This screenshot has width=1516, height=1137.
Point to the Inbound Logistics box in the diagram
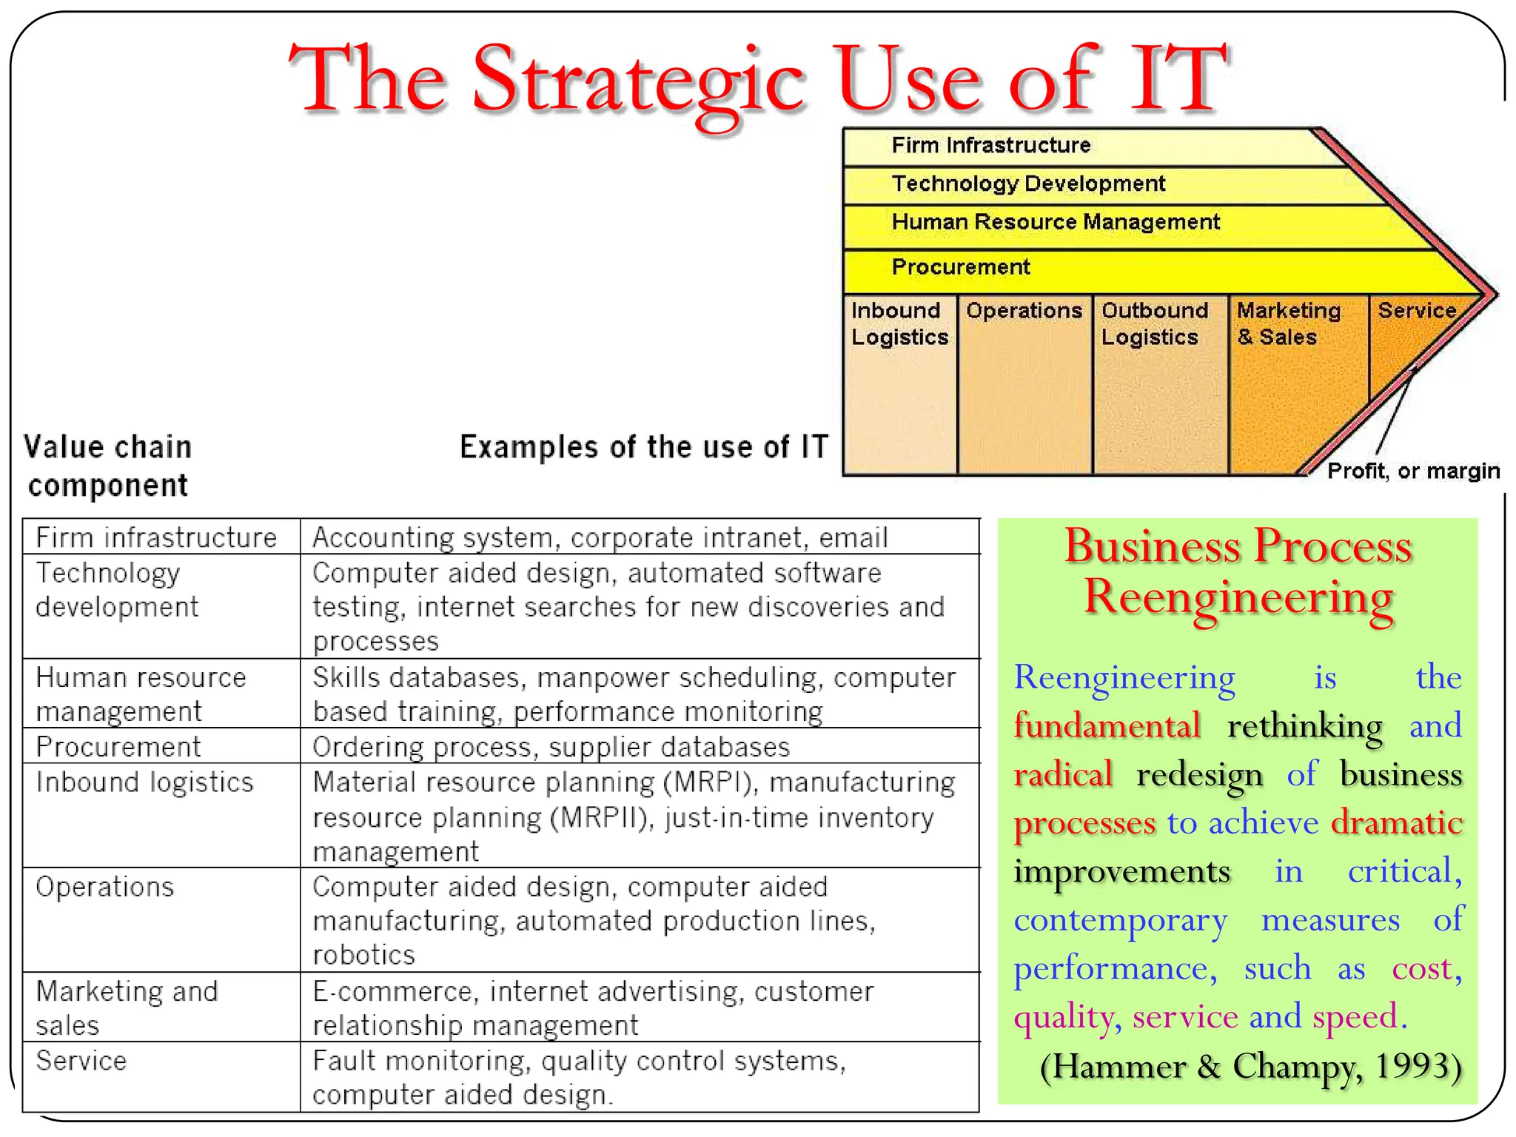899,385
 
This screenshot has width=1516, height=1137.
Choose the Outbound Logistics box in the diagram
1159,385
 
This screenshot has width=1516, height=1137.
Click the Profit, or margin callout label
1412,471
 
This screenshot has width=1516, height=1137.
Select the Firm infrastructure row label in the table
156,537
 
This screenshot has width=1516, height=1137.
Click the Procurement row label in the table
118,747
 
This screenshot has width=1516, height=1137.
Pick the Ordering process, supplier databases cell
551,747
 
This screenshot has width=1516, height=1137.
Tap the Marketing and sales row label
127,1007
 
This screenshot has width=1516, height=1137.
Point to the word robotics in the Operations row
363,955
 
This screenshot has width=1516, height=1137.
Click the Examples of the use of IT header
643,447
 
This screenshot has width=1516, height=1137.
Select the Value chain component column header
107,466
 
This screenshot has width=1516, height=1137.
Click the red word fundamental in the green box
1107,725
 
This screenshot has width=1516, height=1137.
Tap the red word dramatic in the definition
1396,822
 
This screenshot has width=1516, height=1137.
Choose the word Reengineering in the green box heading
1238,597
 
